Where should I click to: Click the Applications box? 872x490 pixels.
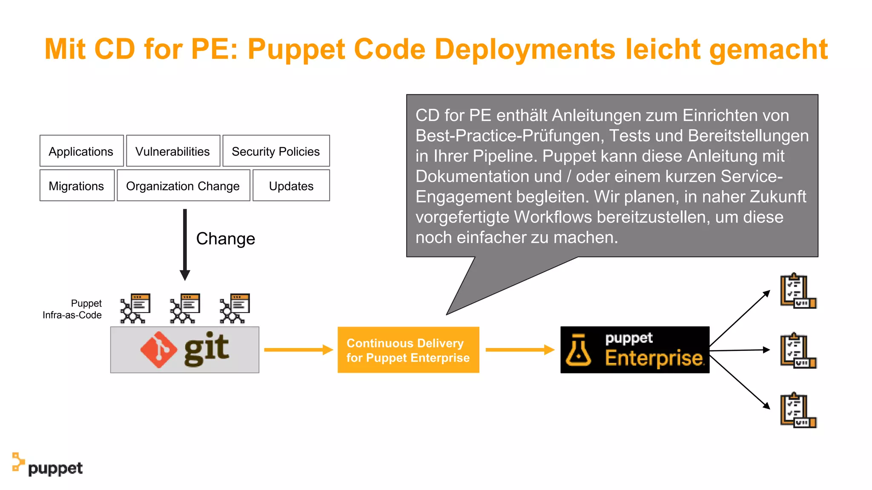pyautogui.click(x=81, y=151)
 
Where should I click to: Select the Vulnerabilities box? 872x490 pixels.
pyautogui.click(x=173, y=151)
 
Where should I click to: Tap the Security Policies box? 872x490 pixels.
pyautogui.click(x=276, y=151)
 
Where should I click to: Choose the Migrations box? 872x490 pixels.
pyautogui.click(x=77, y=185)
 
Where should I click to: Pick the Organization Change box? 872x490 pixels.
pyautogui.click(x=183, y=185)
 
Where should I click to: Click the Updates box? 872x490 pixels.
pyautogui.click(x=291, y=185)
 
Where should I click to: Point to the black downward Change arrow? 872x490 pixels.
pyautogui.click(x=185, y=244)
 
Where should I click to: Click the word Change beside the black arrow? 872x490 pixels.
pyautogui.click(x=226, y=239)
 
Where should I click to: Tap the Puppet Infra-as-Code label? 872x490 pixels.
pyautogui.click(x=72, y=309)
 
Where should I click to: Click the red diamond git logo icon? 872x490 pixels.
pyautogui.click(x=158, y=350)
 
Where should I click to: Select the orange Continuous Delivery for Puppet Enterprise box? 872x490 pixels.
pyautogui.click(x=408, y=350)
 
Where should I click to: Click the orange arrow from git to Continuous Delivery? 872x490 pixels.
pyautogui.click(x=298, y=350)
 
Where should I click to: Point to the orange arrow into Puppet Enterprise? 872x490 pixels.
pyautogui.click(x=520, y=350)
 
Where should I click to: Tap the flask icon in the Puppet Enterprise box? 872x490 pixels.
pyautogui.click(x=578, y=350)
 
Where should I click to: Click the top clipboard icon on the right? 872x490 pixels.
pyautogui.click(x=797, y=291)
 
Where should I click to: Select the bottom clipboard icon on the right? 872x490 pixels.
pyautogui.click(x=797, y=410)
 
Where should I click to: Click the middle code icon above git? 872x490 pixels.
pyautogui.click(x=185, y=308)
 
